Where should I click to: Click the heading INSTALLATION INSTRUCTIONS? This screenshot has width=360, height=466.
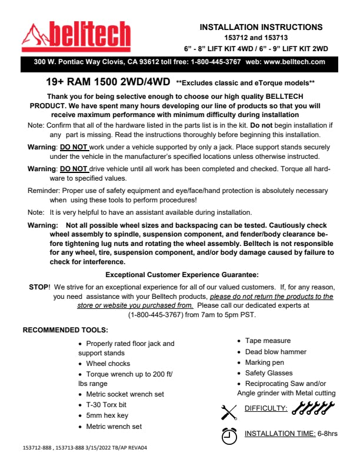tap(261, 27)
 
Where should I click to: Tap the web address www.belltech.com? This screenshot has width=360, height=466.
tap(294, 61)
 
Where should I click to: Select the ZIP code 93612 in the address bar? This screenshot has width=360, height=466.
tap(134, 61)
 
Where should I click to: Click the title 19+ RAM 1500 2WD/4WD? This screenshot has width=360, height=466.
tap(108, 83)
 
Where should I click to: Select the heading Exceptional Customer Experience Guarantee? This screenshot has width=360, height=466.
tap(182, 275)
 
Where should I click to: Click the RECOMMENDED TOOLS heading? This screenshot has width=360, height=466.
tap(65, 329)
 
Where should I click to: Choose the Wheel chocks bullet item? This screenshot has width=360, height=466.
tap(108, 364)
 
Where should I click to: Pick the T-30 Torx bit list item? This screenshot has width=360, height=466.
tap(106, 405)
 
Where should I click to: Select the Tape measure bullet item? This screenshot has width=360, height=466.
tap(268, 341)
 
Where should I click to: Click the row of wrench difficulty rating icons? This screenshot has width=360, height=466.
tap(313, 407)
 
